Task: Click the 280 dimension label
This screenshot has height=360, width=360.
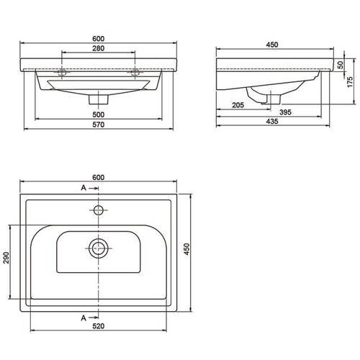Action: tap(99, 48)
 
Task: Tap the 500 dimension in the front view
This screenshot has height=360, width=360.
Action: tap(99, 114)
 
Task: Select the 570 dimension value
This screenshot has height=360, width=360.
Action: tap(99, 125)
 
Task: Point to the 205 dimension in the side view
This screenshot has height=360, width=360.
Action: tap(238, 105)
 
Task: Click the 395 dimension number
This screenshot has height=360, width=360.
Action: tap(285, 112)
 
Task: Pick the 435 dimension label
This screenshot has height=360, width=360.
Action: tap(272, 122)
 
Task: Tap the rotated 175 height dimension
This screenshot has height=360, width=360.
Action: tap(350, 82)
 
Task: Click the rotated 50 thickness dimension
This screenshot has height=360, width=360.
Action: tap(341, 65)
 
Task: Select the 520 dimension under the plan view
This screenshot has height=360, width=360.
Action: tap(99, 326)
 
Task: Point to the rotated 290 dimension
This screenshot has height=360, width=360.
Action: tap(6, 258)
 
